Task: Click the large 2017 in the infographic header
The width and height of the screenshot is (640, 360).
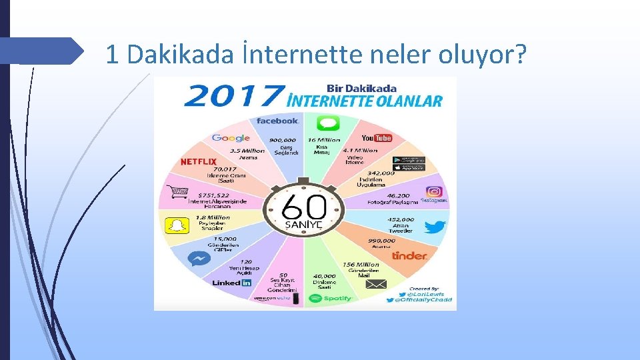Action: (232, 96)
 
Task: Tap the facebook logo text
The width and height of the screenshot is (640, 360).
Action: (277, 121)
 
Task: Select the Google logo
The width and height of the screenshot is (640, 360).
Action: (231, 138)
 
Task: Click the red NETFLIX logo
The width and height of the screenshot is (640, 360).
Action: (199, 162)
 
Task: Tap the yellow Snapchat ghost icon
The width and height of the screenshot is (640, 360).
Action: (177, 225)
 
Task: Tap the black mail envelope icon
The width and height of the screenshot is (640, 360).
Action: (376, 285)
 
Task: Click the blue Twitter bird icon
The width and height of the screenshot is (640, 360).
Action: (435, 227)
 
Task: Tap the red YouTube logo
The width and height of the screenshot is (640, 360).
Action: (376, 138)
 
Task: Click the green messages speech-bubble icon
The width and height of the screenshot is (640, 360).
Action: (328, 123)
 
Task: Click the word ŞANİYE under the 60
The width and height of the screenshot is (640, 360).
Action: (303, 225)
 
